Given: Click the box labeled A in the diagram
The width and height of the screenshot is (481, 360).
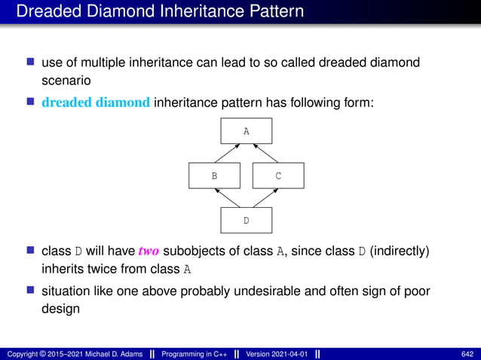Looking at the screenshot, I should click(246, 131).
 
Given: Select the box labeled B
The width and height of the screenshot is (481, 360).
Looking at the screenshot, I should click(214, 175).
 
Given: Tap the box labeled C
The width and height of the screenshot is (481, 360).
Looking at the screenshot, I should click(278, 175).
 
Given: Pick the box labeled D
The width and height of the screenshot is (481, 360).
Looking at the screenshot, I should click(246, 220).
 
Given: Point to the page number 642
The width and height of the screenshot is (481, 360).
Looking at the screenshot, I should click(467, 353).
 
